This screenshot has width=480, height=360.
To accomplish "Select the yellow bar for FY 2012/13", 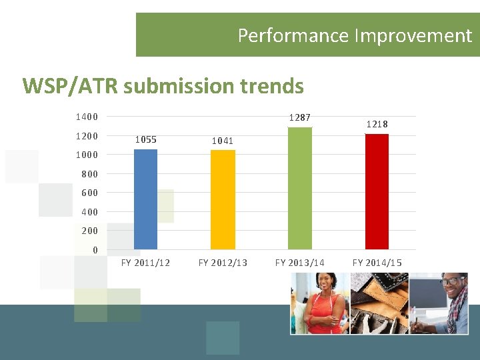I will tap(223, 199).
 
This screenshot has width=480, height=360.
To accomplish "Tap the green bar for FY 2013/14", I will tap(299, 188).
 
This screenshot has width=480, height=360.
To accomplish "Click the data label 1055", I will tap(145, 139).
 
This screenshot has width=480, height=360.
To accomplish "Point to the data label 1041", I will tap(223, 141).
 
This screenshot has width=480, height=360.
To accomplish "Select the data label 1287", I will tap(299, 118).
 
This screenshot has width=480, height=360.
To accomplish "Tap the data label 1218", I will tap(377, 124).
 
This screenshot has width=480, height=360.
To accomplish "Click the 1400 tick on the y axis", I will tap(87, 117).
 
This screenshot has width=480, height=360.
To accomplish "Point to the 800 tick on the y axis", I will tap(89, 174).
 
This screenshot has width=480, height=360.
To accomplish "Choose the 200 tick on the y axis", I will tap(89, 231).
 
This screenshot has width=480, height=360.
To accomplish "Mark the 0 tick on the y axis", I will tap(95, 250).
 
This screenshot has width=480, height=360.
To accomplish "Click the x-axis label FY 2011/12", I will tap(145, 263).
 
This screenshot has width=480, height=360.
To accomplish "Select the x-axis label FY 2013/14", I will tap(299, 263).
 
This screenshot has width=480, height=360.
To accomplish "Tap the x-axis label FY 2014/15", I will tap(377, 263).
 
